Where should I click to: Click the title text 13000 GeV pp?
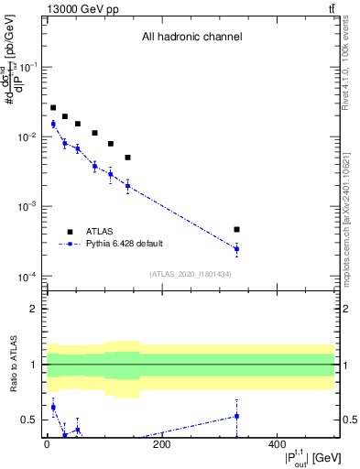coord(76,10)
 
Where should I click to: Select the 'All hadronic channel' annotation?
coord(191,38)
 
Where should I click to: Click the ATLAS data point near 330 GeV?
coord(236,229)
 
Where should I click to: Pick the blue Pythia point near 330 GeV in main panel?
coord(236,248)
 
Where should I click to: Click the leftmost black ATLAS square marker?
coord(53,108)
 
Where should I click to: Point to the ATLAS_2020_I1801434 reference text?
coord(191,274)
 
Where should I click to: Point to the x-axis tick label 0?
coord(47,445)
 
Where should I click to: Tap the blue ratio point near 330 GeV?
coord(236,416)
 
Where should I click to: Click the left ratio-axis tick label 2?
coord(35,309)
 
